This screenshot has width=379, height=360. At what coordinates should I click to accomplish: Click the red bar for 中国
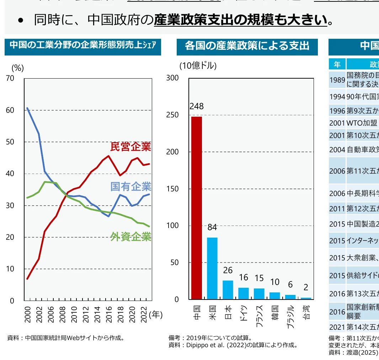coord(197,208)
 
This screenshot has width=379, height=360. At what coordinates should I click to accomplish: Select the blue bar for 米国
coord(212,268)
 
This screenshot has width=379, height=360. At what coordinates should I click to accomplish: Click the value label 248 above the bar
coord(197,106)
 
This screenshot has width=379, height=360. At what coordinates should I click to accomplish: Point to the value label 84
coord(212,227)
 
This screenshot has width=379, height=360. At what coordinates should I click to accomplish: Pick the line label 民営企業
coord(131,147)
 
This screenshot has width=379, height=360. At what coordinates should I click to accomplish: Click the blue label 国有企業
coord(131,186)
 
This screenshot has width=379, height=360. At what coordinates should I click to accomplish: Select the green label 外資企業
coord(131,237)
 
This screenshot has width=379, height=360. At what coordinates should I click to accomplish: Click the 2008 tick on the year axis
coord(63,313)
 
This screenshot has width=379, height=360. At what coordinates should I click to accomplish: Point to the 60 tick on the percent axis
coord(10,110)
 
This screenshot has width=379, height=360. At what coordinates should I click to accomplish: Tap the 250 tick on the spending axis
coord(173,115)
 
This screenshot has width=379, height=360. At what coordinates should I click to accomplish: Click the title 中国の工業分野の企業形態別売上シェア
coord(82,45)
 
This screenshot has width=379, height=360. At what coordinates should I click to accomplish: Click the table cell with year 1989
coord(337,80)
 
